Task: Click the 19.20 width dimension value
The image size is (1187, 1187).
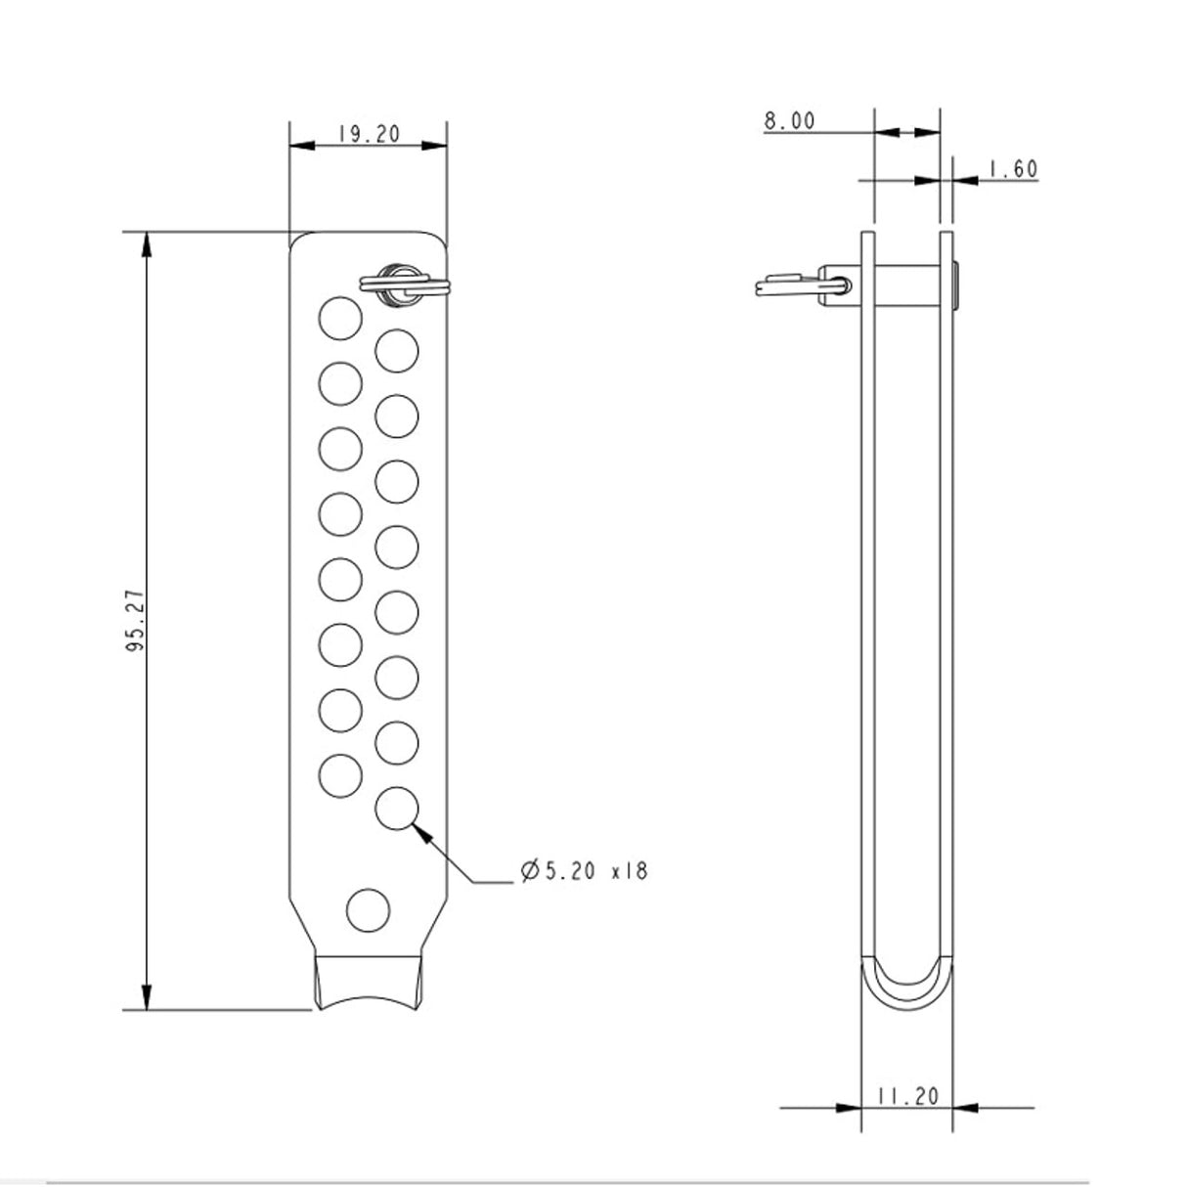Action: pos(369,134)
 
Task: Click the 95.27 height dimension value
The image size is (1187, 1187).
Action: pos(135,620)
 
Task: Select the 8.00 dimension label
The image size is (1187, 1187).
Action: pos(789,120)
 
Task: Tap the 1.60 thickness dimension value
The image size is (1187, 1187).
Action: pos(1012,169)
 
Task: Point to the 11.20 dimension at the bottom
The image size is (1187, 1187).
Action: pos(907,1096)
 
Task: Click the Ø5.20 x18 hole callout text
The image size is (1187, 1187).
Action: pos(585,870)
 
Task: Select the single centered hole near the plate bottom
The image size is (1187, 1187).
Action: pos(369,910)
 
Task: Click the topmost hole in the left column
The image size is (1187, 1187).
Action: pos(340,318)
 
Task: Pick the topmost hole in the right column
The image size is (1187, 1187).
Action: pos(397,350)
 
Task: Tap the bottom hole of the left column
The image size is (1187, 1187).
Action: pos(340,773)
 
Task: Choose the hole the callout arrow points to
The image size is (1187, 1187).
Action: pos(397,808)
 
